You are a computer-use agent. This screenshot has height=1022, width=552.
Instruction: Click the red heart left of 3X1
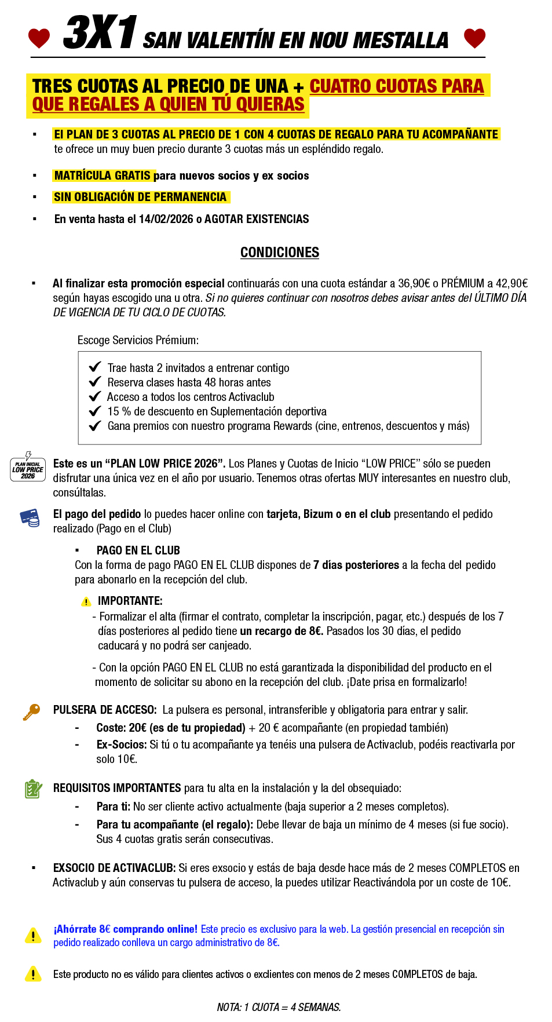point(39,38)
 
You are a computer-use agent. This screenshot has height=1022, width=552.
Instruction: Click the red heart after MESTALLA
point(474,38)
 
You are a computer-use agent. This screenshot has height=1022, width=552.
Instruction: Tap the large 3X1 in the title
point(100,33)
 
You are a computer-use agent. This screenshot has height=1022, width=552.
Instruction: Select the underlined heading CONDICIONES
point(280,253)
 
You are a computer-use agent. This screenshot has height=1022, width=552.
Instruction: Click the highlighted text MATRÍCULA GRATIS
point(103,176)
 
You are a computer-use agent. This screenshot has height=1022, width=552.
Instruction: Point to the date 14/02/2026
point(166,219)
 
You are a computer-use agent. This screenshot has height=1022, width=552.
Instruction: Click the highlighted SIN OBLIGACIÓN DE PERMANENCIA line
point(140,197)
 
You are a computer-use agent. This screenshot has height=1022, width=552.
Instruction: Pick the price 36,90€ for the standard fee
point(414,283)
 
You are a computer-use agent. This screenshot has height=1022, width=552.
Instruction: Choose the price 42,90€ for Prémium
point(511,283)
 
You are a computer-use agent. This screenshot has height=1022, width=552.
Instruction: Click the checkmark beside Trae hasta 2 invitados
point(95,367)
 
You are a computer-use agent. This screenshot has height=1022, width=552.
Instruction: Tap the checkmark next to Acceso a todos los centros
point(95,396)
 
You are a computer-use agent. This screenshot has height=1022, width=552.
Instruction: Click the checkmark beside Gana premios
point(95,426)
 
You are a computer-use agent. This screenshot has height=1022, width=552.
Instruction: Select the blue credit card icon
point(30,517)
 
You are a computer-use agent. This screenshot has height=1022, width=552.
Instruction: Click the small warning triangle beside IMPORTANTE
point(86,601)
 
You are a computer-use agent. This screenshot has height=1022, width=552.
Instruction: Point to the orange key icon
point(31,711)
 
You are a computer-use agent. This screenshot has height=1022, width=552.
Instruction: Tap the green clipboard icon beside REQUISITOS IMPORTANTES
point(33,789)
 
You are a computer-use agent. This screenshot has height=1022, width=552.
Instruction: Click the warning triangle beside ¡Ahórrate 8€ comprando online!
point(33,935)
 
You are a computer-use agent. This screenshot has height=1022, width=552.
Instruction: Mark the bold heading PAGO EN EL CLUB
point(138,550)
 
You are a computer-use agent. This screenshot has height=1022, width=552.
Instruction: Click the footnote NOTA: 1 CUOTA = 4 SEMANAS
point(279,1007)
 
